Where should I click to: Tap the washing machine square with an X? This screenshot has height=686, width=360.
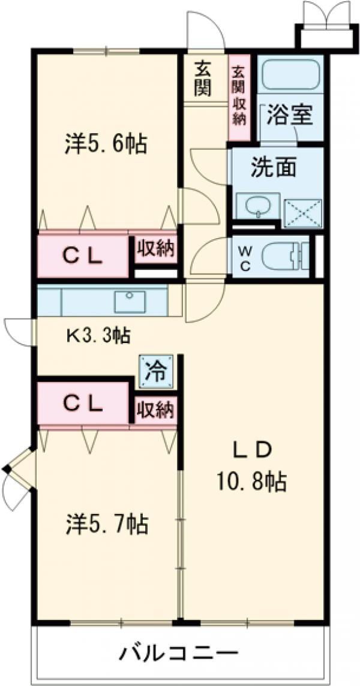[303, 212]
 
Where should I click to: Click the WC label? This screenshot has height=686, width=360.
[245, 257]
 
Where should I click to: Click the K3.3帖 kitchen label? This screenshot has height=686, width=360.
[98, 335]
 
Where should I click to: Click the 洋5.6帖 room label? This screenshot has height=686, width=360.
[106, 145]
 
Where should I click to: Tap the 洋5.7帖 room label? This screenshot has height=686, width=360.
[106, 525]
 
